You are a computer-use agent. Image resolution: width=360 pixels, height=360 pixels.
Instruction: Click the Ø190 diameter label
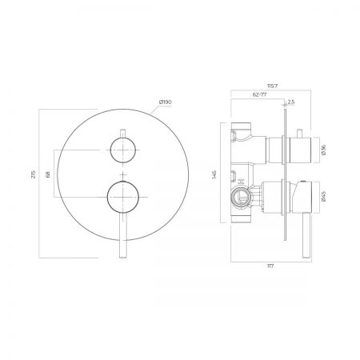165,102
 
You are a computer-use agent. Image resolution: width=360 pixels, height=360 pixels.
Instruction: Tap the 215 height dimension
34,174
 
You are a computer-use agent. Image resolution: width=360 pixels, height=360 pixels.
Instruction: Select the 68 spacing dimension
48,174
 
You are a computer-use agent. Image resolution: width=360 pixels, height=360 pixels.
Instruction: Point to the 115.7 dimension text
272,86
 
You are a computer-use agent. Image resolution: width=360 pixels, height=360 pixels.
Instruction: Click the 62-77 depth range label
259,94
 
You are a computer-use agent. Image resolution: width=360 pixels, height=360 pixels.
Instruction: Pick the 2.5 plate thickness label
291,102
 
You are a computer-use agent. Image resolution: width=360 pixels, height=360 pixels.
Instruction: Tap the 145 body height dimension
214,174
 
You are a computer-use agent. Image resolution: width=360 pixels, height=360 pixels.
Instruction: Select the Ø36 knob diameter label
324,150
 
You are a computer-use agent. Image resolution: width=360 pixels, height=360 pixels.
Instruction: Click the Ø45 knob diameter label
324,197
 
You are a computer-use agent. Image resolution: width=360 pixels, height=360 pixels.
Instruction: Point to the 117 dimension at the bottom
270,266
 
